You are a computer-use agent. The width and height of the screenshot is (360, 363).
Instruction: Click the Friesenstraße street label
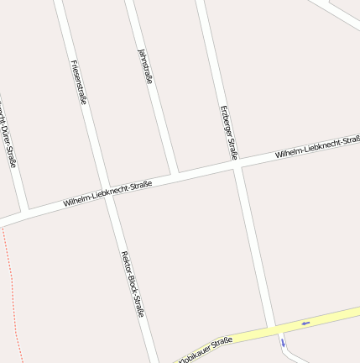point(80,82)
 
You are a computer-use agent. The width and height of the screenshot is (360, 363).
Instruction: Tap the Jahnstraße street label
point(144,66)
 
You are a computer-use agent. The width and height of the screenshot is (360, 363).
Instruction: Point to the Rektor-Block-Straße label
point(133,283)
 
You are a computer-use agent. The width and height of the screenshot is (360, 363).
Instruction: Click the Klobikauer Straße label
point(204,349)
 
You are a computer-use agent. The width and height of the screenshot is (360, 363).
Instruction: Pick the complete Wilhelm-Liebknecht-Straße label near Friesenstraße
point(107,194)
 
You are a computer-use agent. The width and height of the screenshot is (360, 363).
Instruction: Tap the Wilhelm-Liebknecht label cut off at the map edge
point(317,146)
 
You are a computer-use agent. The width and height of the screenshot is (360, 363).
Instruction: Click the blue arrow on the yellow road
point(305,322)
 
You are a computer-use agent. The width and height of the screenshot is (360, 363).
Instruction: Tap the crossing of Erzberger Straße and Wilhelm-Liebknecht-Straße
point(237,166)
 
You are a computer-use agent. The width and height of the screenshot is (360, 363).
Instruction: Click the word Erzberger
point(226,121)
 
